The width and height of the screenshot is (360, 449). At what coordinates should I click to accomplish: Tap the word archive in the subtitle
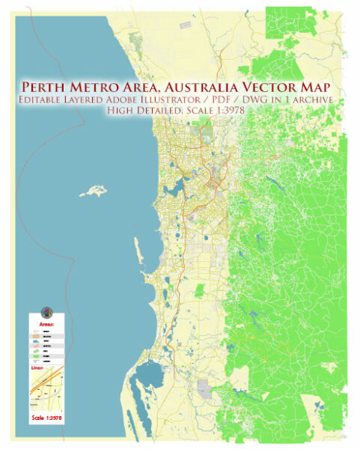[x=311, y=100]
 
